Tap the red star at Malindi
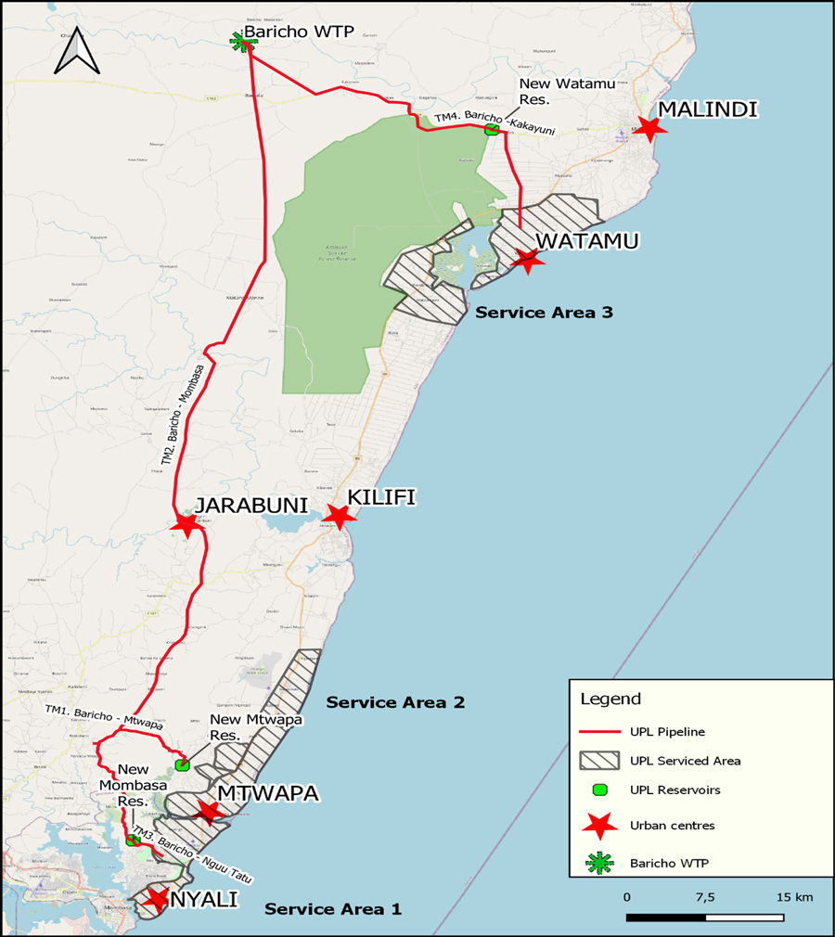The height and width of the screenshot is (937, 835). (649, 129)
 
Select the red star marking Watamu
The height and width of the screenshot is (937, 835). (528, 260)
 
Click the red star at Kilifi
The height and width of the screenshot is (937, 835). (339, 516)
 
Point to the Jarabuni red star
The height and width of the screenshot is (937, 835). (186, 525)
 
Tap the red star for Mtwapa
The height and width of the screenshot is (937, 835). (209, 813)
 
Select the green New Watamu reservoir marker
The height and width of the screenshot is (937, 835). (491, 130)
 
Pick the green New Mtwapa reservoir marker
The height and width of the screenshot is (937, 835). (182, 764)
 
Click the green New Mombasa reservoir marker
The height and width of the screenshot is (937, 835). (133, 841)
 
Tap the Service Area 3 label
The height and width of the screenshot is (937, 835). (544, 313)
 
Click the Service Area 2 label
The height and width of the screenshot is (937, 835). (395, 703)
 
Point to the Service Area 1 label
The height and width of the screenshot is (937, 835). (333, 909)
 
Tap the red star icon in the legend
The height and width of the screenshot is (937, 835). (599, 825)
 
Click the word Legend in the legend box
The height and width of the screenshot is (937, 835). (610, 698)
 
